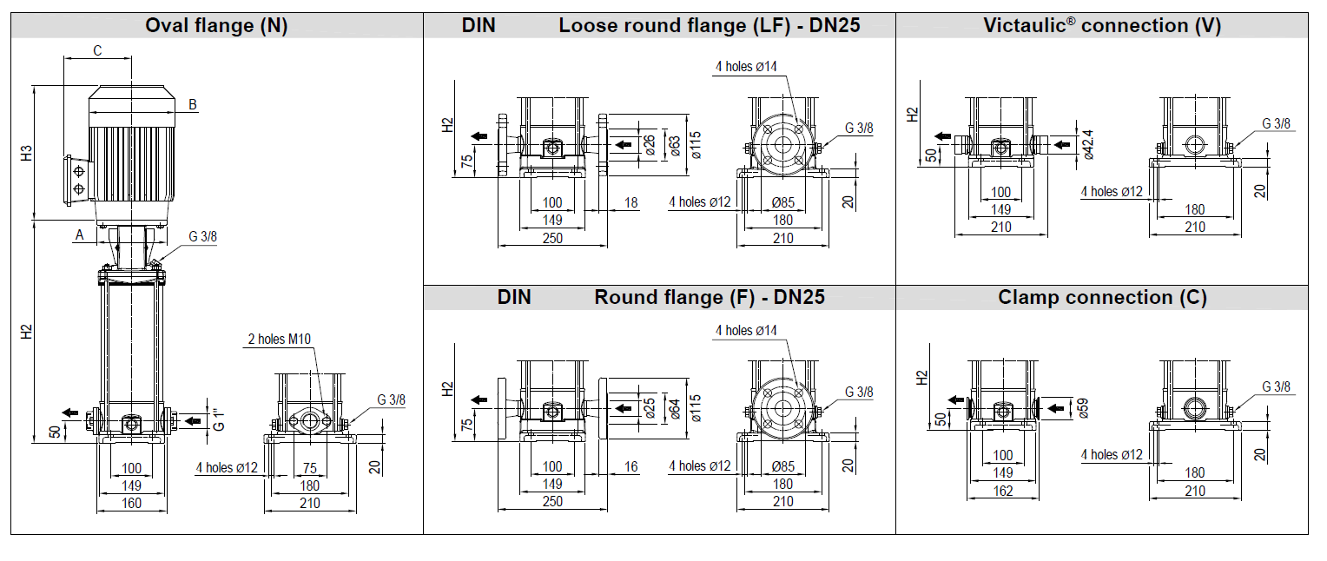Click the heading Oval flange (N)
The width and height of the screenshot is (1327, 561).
coord(216,26)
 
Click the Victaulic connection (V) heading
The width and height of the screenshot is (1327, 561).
coord(1101,26)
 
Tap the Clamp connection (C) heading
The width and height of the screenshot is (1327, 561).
coord(1101,298)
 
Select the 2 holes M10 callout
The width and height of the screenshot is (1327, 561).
coord(279,339)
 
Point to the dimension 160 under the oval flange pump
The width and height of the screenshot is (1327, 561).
coord(131,503)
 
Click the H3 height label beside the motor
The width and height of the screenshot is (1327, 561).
coord(27,154)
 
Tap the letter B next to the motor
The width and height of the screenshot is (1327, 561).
coord(193,105)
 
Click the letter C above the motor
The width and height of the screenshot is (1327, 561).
coord(97,51)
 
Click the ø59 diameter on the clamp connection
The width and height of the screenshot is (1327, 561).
coord(1082,406)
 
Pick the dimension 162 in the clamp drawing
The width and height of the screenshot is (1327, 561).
coord(1002,491)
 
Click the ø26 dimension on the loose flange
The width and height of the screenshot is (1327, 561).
coord(649,143)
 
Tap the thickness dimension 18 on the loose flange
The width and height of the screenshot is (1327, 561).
coord(630,203)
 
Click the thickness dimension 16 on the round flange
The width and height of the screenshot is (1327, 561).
coord(630,467)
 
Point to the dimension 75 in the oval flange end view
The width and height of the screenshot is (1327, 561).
coord(310,469)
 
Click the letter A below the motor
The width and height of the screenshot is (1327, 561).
coord(79,234)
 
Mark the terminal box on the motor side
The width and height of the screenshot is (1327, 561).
coord(77,179)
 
